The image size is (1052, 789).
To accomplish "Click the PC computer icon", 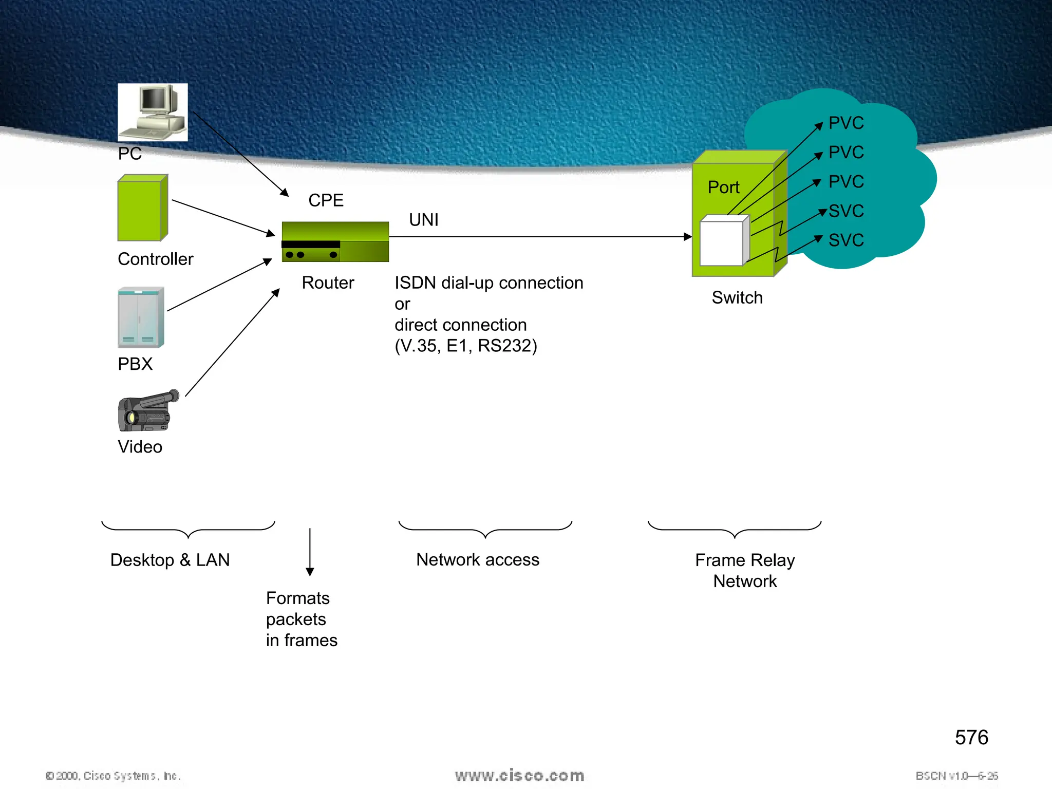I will click(x=153, y=112).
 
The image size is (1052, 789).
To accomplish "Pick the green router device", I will click(x=335, y=242).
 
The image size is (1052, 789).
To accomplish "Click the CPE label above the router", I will click(x=326, y=200).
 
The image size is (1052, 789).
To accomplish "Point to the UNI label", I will click(x=423, y=220).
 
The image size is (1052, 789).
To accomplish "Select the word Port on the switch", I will click(x=723, y=187).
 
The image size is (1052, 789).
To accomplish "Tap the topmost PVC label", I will click(x=846, y=123).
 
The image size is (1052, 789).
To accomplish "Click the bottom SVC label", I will click(x=846, y=240).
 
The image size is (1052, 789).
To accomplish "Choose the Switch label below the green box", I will click(x=737, y=298).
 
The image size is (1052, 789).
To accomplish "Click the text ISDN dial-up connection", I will click(x=489, y=283).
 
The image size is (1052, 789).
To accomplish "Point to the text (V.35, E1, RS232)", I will click(x=465, y=346).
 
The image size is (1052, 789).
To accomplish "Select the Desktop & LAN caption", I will click(x=170, y=560).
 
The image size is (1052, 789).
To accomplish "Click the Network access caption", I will click(x=478, y=559).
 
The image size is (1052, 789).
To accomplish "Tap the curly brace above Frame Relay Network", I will click(x=735, y=529).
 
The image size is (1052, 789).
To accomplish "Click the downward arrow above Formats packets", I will click(x=310, y=552).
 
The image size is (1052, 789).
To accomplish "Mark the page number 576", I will click(x=971, y=738).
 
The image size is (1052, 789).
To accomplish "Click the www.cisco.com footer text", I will click(x=519, y=776).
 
